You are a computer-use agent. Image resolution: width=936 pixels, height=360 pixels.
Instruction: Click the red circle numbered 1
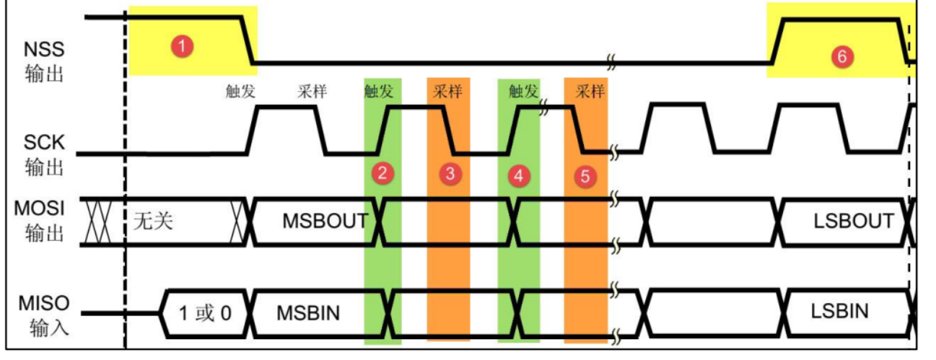click(x=183, y=47)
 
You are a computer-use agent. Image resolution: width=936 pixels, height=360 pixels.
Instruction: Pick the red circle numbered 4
click(x=517, y=175)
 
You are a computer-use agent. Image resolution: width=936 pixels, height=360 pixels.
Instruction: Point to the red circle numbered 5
click(x=585, y=175)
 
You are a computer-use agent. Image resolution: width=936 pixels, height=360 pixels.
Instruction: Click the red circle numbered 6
click(x=841, y=57)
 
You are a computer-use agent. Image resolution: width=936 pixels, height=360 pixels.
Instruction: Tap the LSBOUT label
click(x=853, y=220)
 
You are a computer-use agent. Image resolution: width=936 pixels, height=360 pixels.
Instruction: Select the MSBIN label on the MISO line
click(x=308, y=312)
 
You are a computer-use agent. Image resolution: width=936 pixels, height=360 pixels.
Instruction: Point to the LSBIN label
click(x=839, y=311)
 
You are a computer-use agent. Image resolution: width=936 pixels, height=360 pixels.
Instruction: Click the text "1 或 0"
click(x=206, y=312)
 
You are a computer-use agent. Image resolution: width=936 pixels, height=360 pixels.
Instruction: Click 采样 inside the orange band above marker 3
click(x=447, y=92)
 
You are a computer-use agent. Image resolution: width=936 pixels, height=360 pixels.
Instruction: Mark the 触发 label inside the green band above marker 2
click(x=380, y=92)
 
